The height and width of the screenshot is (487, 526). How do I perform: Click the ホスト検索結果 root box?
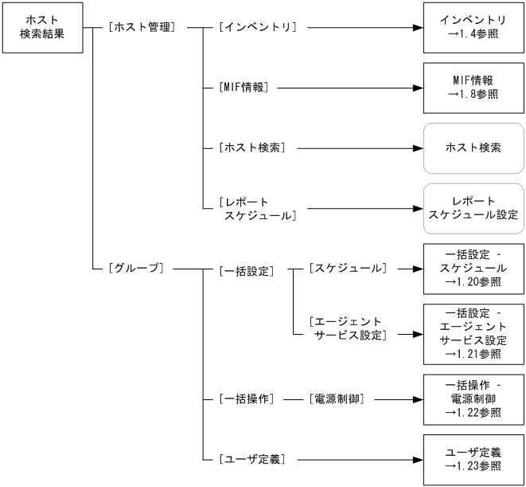coord(41,27)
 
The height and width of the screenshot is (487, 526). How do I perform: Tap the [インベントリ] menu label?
coord(257,27)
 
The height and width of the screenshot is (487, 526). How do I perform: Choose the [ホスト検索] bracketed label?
coord(251,148)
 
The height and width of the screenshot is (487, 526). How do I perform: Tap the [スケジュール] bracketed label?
coord(347,269)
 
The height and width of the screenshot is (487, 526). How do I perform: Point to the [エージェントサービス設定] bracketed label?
coord(347,328)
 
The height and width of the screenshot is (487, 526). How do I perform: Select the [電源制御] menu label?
coord(336,398)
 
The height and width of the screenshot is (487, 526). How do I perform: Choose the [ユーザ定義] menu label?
coord(251,459)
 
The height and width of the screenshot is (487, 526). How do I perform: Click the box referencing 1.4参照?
coord(473,27)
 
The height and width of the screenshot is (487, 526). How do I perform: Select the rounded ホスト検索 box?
coord(473,148)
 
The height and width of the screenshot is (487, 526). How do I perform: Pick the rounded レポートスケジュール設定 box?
coord(473,208)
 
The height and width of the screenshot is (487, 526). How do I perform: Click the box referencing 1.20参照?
coord(473,269)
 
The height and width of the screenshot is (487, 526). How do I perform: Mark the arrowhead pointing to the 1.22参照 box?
coord(416,398)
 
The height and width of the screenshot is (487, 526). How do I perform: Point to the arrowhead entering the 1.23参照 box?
coord(416,459)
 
